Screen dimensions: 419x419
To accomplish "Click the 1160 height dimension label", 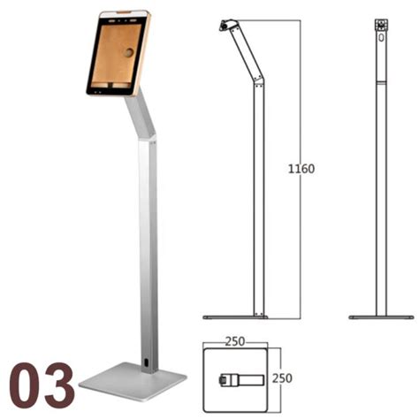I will [302, 168].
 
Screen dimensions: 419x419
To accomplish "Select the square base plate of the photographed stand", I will [133, 382].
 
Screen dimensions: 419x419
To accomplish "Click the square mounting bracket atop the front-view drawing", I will [382, 25].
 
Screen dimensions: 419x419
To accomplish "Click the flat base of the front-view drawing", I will [381, 316].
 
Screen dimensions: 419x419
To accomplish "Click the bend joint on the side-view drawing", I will [258, 82].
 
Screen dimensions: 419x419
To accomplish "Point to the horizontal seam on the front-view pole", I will [382, 82].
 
